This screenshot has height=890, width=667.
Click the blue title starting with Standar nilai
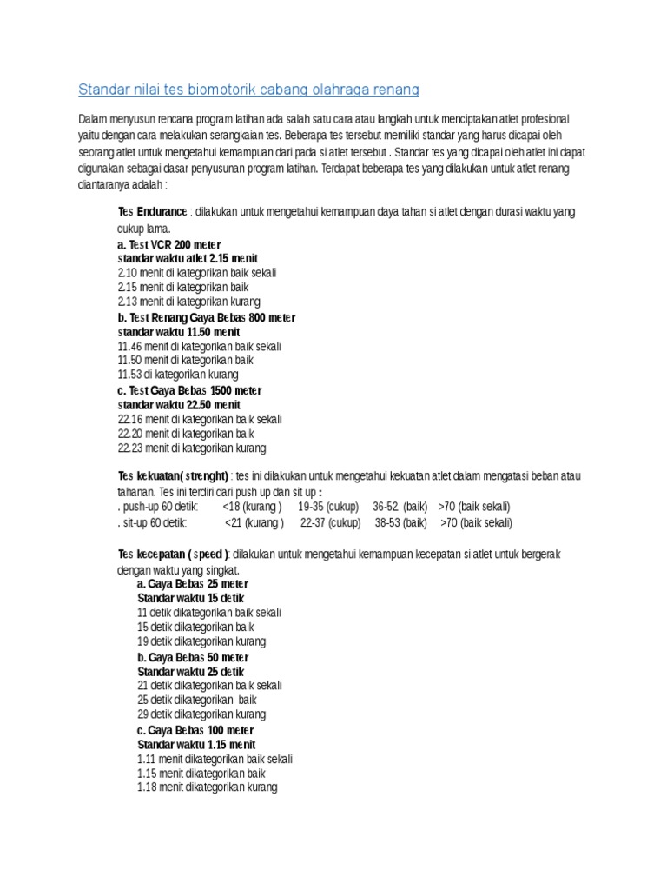[248, 90]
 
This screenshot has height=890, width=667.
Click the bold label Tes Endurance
[152, 212]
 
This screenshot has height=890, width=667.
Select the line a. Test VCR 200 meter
[169, 244]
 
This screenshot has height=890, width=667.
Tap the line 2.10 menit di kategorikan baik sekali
[197, 272]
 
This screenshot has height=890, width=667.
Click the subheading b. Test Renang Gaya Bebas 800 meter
[207, 317]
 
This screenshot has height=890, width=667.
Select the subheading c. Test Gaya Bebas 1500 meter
[189, 390]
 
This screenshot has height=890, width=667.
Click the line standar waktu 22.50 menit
[179, 405]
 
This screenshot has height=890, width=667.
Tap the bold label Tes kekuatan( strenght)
[173, 476]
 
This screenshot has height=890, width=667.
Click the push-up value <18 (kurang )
[252, 507]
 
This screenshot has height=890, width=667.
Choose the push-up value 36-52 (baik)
[399, 507]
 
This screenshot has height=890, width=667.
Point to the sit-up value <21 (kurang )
[254, 523]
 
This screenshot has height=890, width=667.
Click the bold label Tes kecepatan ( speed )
[174, 555]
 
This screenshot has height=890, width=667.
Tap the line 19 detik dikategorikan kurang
[201, 641]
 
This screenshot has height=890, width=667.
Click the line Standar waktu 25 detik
[191, 672]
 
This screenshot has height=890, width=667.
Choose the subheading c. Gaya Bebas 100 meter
[195, 730]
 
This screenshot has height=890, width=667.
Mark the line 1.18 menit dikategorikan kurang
[207, 787]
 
